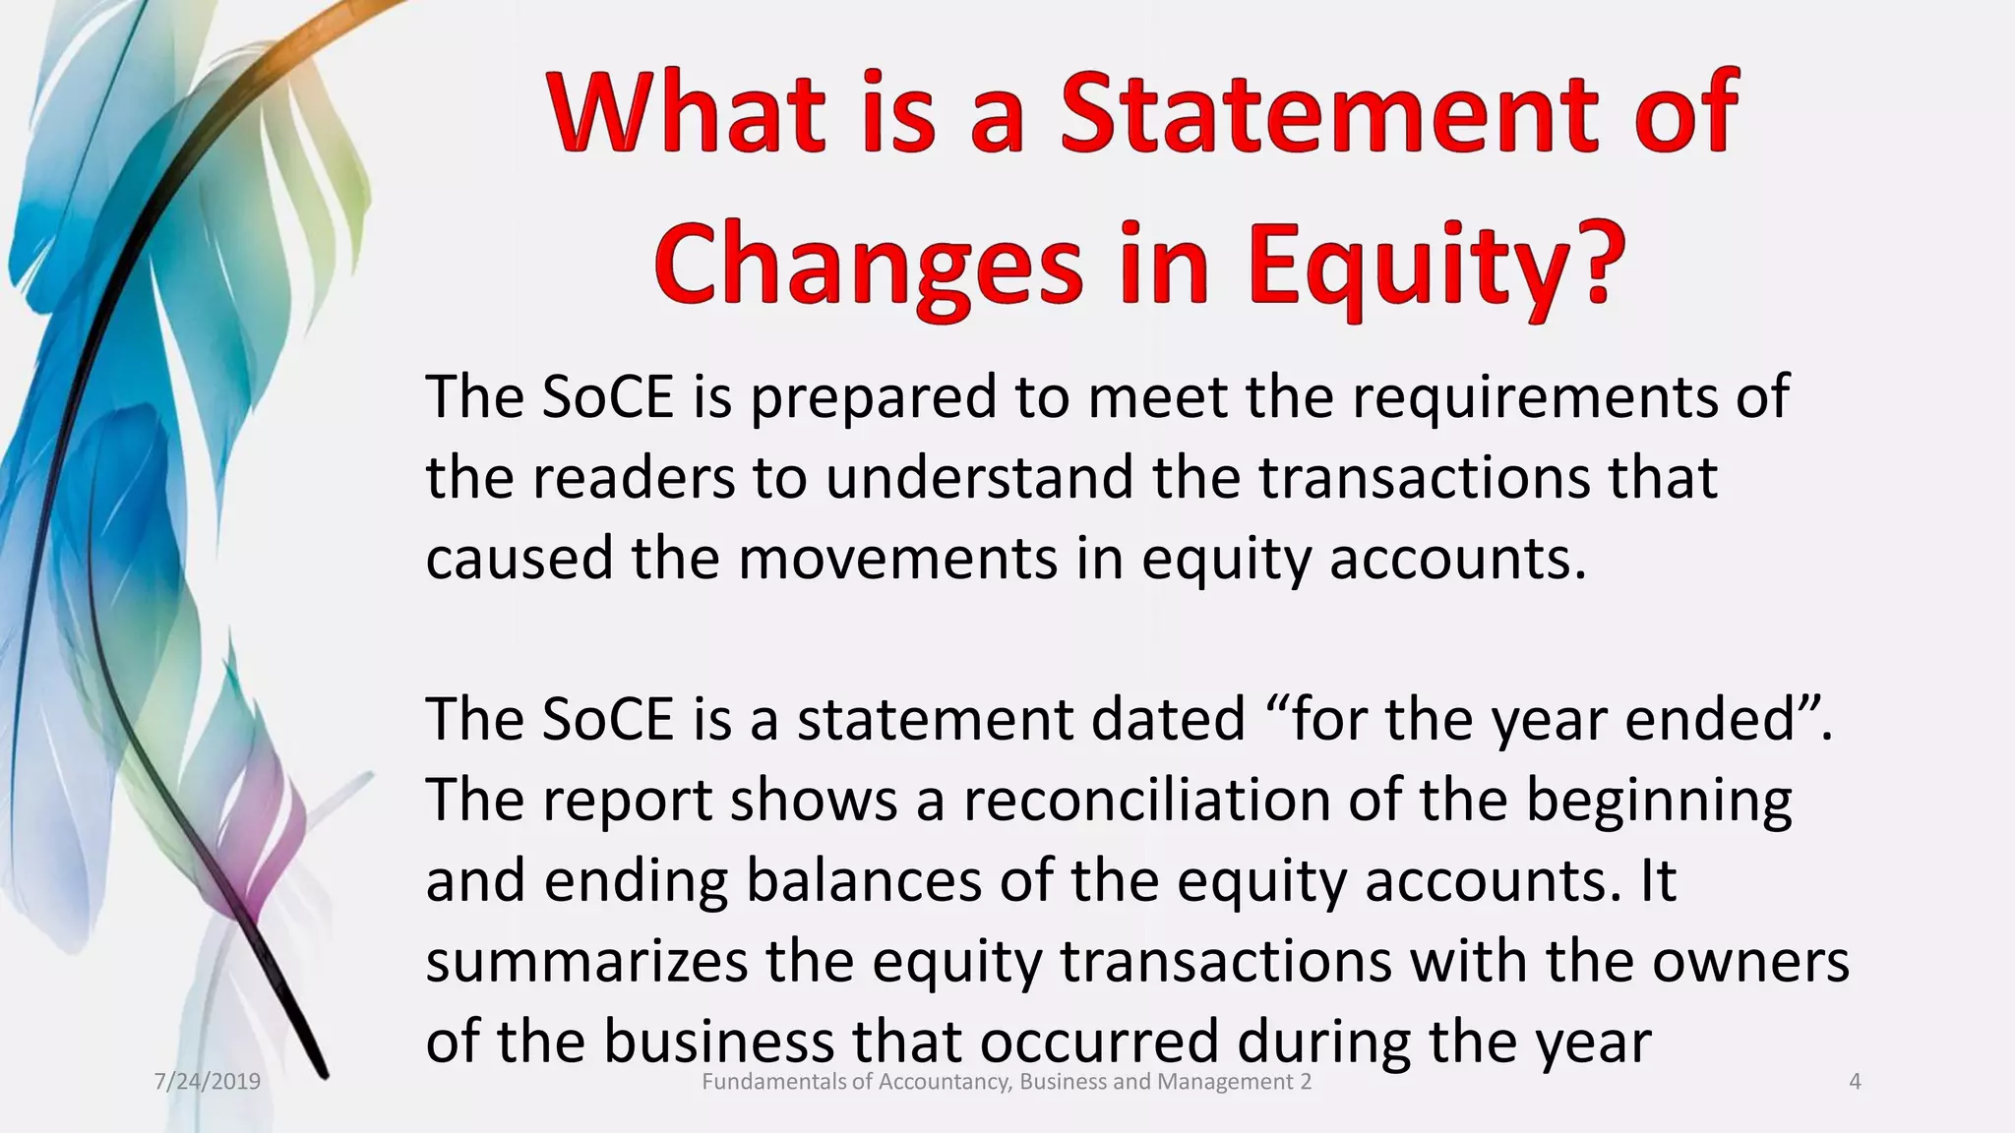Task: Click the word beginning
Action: pyautogui.click(x=1658, y=802)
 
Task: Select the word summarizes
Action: pyautogui.click(x=586, y=962)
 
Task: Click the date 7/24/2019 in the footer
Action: pyautogui.click(x=208, y=1083)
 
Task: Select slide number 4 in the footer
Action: pyautogui.click(x=1855, y=1083)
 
